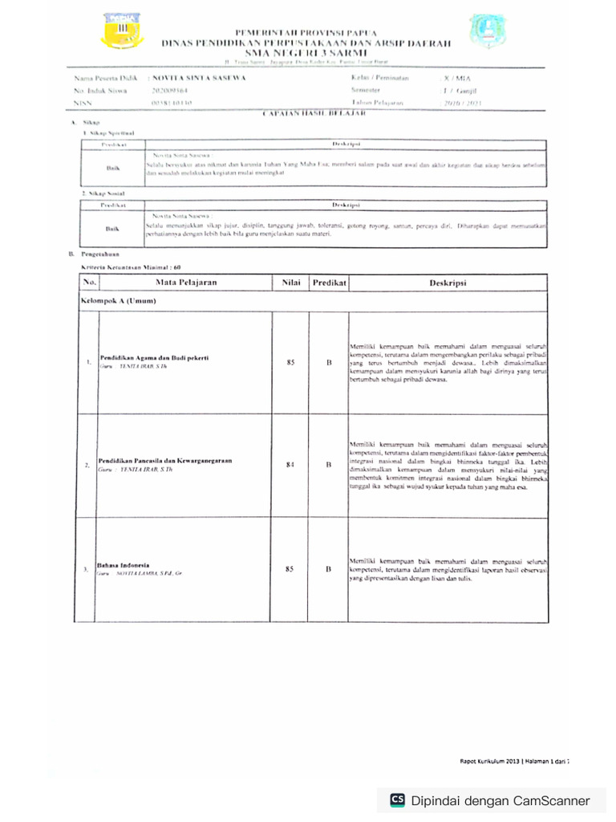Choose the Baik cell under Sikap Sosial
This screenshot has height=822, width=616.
pos(112,229)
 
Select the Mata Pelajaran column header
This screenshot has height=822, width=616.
pos(186,283)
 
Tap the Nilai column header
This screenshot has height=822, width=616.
pos(290,283)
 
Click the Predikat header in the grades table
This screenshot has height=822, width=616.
pos(329,283)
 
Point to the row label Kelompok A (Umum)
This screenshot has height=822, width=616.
pos(117,301)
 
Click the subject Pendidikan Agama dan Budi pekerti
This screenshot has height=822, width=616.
pos(154,357)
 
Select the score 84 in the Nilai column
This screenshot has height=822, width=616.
pos(290,465)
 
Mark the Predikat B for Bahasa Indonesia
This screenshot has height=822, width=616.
pos(329,569)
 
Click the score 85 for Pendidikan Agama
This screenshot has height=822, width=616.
pos(290,363)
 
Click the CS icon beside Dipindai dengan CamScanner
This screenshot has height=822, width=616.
pos(397,800)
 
